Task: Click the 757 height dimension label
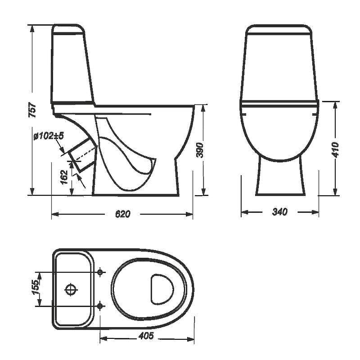[33, 110]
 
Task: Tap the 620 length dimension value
[122, 214]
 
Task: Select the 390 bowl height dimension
[200, 150]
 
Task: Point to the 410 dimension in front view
[335, 150]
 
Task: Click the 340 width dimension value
[279, 211]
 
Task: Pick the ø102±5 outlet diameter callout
[49, 136]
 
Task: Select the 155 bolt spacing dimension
[35, 287]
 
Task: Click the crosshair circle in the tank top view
[71, 289]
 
